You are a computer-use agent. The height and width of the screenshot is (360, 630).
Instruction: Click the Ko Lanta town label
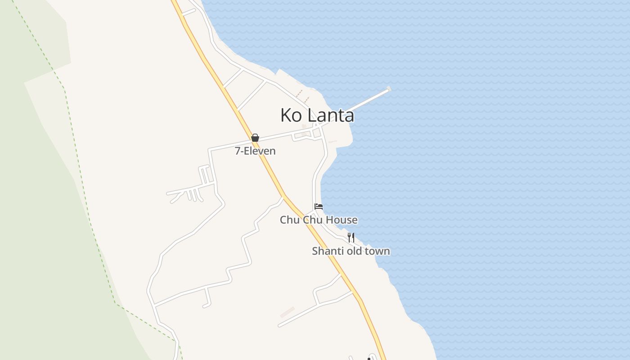317,115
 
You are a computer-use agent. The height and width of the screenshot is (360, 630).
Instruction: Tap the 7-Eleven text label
255,151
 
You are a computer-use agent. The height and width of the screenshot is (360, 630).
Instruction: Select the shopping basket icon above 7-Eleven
255,138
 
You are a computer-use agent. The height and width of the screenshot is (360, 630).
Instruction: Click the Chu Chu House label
319,220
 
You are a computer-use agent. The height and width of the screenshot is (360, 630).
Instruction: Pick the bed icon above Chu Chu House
319,207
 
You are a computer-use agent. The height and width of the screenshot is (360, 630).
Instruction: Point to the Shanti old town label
351,251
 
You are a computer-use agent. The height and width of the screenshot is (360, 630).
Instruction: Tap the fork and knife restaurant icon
351,237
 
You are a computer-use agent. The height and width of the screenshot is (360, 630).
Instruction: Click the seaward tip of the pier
388,89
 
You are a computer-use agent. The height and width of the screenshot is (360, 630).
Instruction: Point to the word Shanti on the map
327,251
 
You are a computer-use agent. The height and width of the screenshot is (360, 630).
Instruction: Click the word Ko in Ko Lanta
290,115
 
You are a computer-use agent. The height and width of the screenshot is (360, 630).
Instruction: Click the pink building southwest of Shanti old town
287,312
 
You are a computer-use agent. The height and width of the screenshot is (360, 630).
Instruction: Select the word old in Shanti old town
354,251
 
